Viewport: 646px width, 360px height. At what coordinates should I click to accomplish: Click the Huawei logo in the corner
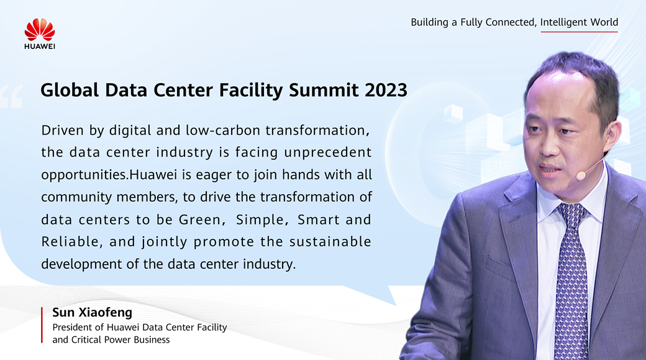pyautogui.click(x=40, y=34)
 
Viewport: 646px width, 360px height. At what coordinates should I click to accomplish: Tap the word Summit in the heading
pyautogui.click(x=324, y=90)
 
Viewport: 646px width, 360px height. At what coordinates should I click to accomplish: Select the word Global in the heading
pyautogui.click(x=70, y=90)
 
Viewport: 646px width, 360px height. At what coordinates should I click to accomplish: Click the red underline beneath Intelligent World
pyautogui.click(x=580, y=32)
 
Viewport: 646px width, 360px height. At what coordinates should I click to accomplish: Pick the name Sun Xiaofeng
pyautogui.click(x=93, y=313)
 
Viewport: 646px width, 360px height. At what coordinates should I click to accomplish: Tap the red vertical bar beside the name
pyautogui.click(x=42, y=325)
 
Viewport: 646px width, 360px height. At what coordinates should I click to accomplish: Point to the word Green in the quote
pyautogui.click(x=202, y=220)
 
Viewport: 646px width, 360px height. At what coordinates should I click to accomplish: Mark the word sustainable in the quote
pyautogui.click(x=330, y=241)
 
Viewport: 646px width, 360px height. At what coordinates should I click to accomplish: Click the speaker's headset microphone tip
pyautogui.click(x=581, y=176)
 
